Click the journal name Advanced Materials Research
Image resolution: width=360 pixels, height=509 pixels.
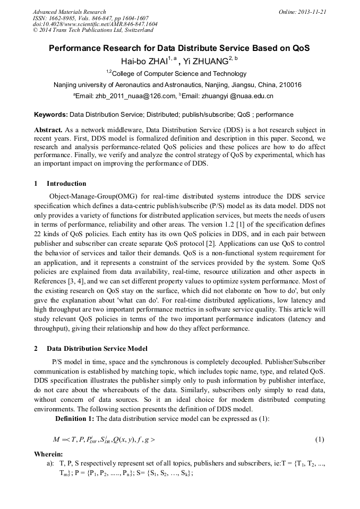click(69, 12)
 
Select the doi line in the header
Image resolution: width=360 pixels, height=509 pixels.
click(95, 24)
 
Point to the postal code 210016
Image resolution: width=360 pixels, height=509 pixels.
click(290, 85)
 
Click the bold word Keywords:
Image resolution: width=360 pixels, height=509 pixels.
click(51, 115)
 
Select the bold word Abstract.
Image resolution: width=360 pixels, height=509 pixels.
click(49, 130)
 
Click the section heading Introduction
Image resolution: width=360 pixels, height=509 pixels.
click(66, 184)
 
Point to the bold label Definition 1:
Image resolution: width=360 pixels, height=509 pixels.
click(75, 419)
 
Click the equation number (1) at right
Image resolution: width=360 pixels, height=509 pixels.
click(320, 439)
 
